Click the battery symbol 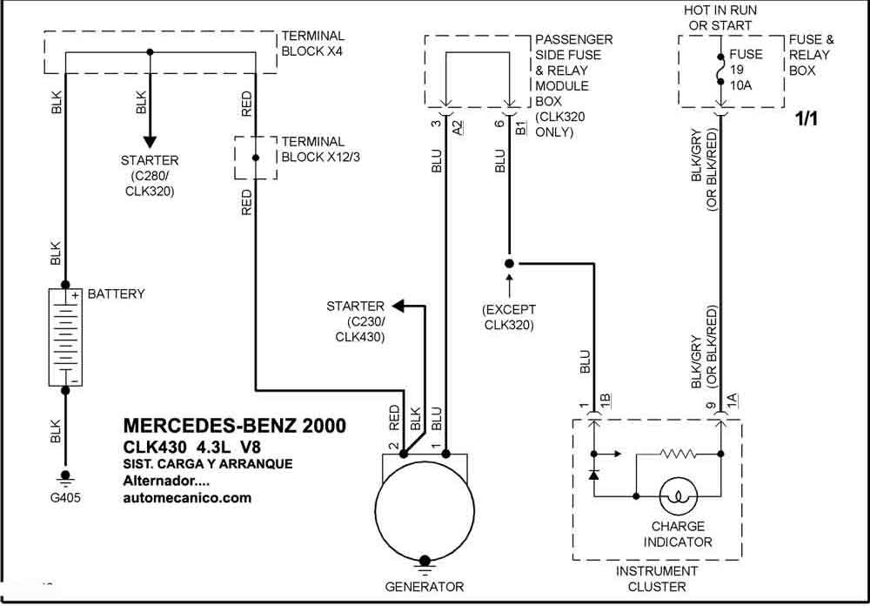[x=65, y=337]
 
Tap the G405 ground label [x=65, y=498]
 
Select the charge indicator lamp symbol [x=678, y=496]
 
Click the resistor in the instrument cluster [x=678, y=454]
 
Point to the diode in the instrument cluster [x=593, y=475]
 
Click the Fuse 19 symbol [x=720, y=70]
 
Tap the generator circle [x=425, y=511]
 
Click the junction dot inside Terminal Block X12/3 [x=255, y=158]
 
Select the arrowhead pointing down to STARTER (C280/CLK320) [x=150, y=141]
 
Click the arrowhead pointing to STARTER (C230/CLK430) [x=399, y=306]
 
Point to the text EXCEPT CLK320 [x=509, y=317]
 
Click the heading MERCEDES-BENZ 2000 [x=235, y=426]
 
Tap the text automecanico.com [x=187, y=498]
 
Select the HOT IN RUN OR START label [x=720, y=17]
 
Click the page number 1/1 [x=806, y=118]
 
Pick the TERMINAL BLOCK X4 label [x=313, y=44]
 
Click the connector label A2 [x=458, y=128]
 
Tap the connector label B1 [x=521, y=128]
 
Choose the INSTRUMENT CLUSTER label [x=657, y=578]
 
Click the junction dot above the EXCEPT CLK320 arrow [x=509, y=263]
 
